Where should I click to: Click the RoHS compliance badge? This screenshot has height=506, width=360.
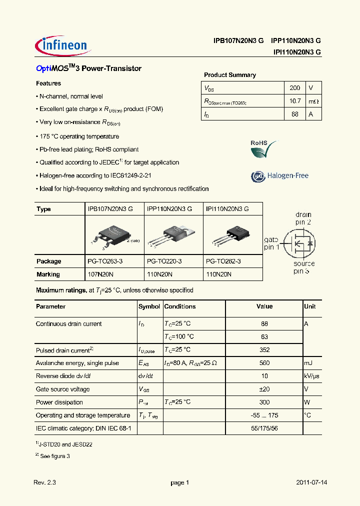(263, 148)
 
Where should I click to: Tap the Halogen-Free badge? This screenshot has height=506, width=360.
(279, 176)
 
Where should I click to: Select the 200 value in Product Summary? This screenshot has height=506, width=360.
(295, 88)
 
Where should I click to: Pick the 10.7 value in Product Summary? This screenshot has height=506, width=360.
(295, 101)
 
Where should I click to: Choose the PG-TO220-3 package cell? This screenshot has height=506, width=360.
(164, 261)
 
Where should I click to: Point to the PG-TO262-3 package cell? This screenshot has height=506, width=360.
(223, 261)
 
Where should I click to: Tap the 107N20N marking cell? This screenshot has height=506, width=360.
(101, 274)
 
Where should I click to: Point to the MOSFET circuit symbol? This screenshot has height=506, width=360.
(299, 243)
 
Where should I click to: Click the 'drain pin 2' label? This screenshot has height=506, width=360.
(303, 218)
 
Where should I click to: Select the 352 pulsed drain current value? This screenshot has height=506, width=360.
(264, 350)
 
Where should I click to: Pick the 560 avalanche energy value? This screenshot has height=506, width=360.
(264, 363)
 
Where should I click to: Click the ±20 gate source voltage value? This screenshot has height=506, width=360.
(264, 389)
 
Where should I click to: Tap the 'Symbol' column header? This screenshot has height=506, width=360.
(149, 306)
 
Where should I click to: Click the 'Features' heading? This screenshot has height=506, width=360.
(48, 83)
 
